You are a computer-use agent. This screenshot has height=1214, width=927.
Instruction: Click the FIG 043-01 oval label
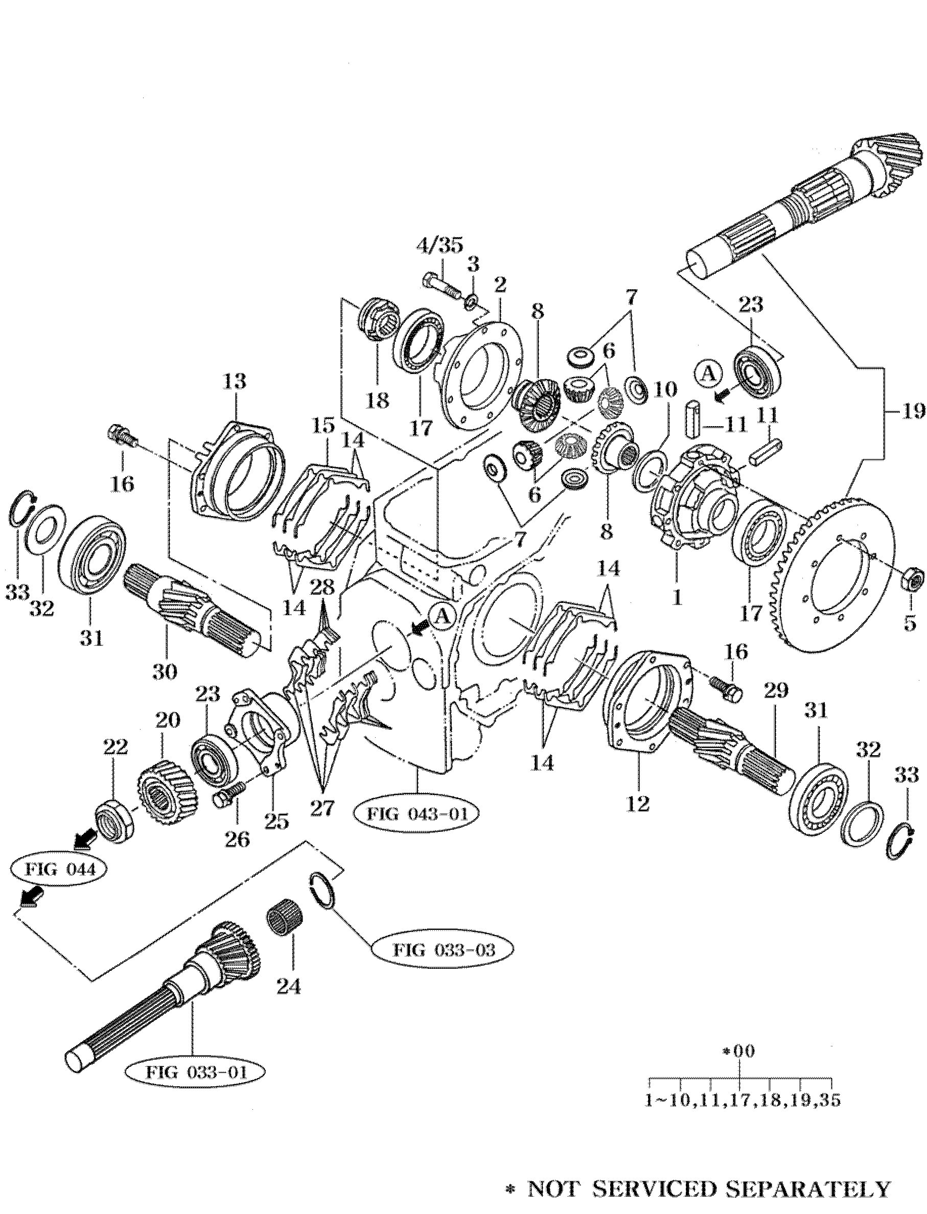[415, 813]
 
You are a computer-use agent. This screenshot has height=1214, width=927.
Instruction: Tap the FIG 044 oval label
[60, 870]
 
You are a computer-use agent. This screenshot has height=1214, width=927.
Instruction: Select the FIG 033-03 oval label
[443, 949]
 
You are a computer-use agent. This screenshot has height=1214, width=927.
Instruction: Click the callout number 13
[235, 381]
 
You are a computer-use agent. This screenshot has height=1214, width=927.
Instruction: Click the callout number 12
[638, 804]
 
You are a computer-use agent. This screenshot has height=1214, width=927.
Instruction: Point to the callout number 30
[165, 671]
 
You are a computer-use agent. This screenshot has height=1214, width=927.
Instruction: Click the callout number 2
[499, 285]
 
